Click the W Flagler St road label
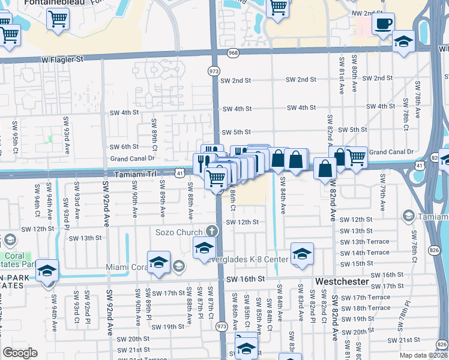point(61,59)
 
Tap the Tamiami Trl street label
point(136,173)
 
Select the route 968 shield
point(233,54)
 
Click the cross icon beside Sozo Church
point(211,230)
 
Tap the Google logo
point(20,353)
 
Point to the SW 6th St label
point(124,146)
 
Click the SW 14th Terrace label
point(365,253)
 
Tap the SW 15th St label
point(356,263)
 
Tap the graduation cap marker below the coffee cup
point(403,42)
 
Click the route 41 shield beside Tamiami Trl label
point(180,173)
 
